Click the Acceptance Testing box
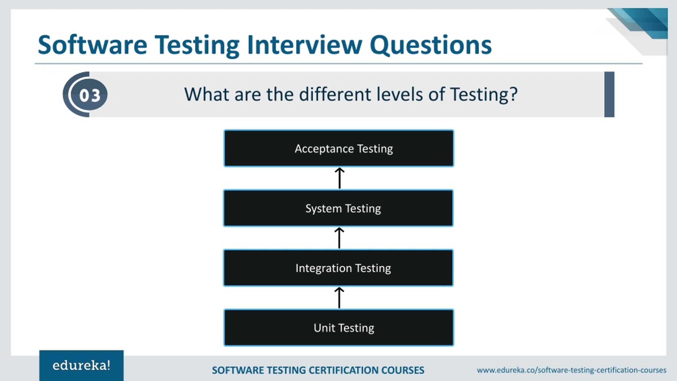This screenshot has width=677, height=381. [339, 148]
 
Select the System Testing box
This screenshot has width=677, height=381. [338, 208]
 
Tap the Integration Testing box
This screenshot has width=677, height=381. [338, 268]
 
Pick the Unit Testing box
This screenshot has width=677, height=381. [339, 328]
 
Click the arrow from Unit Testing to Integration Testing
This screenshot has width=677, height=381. [339, 298]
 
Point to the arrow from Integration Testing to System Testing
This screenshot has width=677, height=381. [339, 238]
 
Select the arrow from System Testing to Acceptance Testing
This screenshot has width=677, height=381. [340, 178]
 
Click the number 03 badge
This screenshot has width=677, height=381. [89, 95]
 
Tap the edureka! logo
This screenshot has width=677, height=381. [81, 366]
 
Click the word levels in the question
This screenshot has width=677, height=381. [399, 94]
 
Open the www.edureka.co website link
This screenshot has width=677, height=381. [571, 370]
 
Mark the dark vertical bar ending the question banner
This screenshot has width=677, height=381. [609, 94]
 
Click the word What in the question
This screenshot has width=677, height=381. [206, 94]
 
